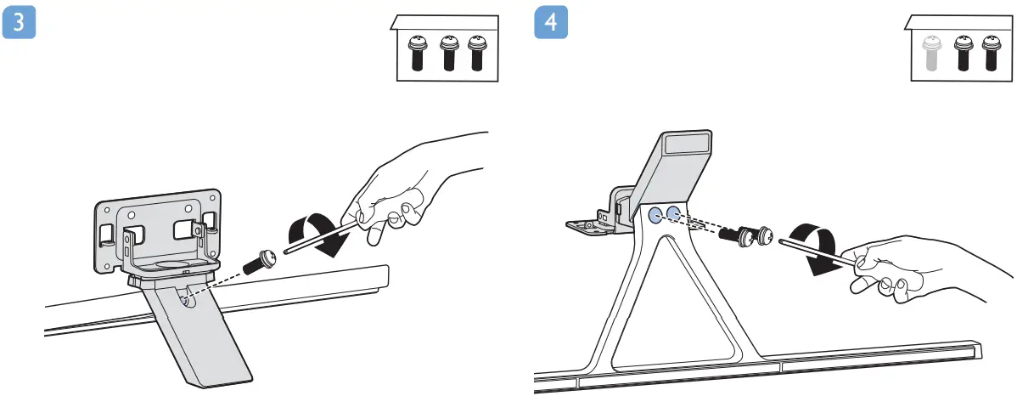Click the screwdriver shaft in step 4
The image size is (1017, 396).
pyautogui.click(x=815, y=251)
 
